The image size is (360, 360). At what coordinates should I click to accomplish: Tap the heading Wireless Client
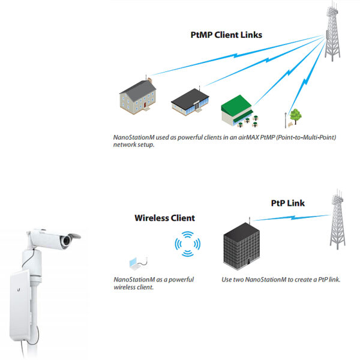164,218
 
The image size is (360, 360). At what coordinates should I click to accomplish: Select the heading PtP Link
287,203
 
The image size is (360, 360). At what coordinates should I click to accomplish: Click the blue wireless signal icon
187,244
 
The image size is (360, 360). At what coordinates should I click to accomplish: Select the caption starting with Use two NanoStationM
281,280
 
